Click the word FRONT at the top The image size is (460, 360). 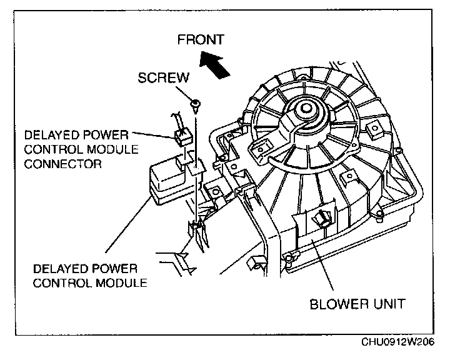pyautogui.click(x=200, y=40)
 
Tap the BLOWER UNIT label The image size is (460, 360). pyautogui.click(x=357, y=304)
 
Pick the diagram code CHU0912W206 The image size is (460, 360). pyautogui.click(x=397, y=342)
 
